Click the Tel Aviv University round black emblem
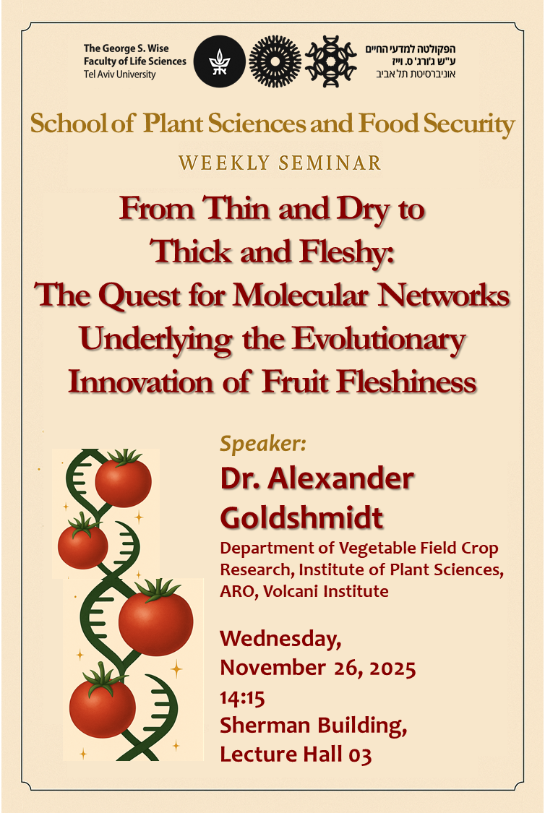tap(219, 61)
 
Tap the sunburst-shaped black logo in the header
tap(275, 61)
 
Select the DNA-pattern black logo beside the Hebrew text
tap(330, 61)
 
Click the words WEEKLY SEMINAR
tap(280, 163)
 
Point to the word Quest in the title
tap(139, 296)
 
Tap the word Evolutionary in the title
tap(379, 340)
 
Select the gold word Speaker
tap(263, 444)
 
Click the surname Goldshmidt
tap(302, 517)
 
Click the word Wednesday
tap(280, 639)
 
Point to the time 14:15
tap(242, 698)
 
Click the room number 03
tap(360, 755)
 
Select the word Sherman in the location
tap(265, 726)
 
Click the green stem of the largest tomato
tap(158, 590)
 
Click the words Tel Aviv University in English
tap(119, 74)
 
